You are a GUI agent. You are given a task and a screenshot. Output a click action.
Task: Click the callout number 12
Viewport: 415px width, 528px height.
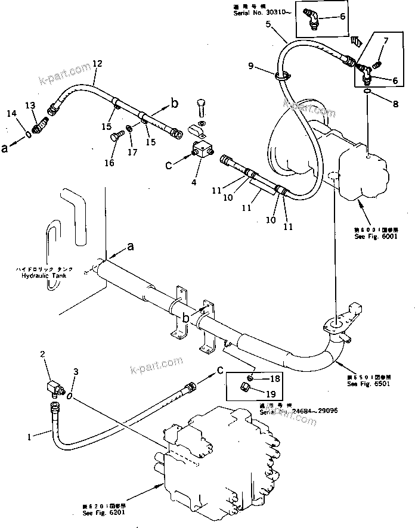(98, 63)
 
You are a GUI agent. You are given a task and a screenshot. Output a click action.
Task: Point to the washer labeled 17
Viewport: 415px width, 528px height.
(129, 129)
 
